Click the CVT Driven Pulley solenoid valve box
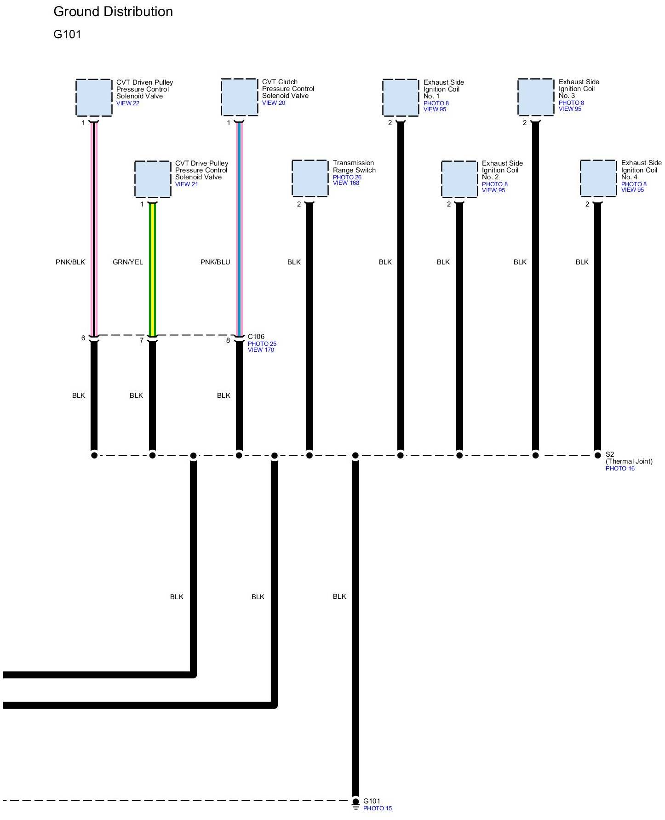(94, 97)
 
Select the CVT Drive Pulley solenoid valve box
(153, 179)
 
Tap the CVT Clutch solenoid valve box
(239, 97)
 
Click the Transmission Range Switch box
(310, 178)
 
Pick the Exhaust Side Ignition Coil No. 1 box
(401, 97)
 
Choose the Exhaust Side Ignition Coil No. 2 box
(459, 179)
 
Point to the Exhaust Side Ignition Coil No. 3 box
(536, 97)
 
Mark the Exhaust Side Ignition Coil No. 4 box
(598, 178)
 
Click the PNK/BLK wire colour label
(70, 262)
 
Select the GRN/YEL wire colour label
(128, 262)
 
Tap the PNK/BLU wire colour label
(215, 262)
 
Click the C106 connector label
(256, 337)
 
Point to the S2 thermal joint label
(610, 454)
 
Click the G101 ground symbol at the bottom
(355, 803)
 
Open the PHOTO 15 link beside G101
(378, 808)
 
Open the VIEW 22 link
(128, 103)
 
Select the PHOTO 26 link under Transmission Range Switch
(347, 177)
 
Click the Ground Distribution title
(113, 11)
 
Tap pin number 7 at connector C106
(142, 340)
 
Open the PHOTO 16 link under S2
(620, 468)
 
